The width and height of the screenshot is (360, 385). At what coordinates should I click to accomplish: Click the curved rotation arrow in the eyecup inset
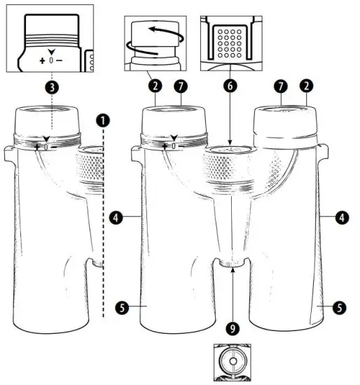[150, 35]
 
